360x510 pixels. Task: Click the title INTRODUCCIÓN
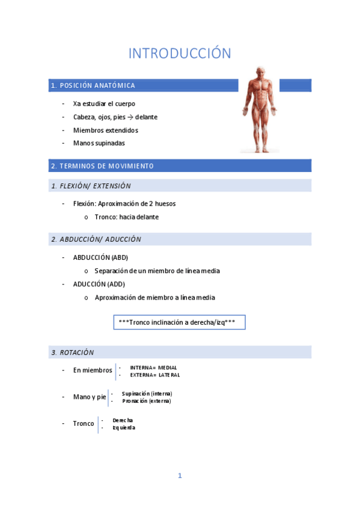coord(180,54)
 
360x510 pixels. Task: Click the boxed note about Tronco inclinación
coord(179,322)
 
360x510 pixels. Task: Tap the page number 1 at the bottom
coord(180,476)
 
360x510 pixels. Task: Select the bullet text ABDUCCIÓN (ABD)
coord(100,257)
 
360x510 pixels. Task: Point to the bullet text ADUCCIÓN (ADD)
coord(99,284)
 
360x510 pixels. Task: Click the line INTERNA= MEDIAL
coord(153,367)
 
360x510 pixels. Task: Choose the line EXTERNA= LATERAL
coord(154,375)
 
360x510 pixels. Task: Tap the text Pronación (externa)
coord(147,401)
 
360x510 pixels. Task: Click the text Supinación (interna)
coord(147,393)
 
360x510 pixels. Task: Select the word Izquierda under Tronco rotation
coord(124,428)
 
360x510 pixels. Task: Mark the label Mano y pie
coord(90,397)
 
